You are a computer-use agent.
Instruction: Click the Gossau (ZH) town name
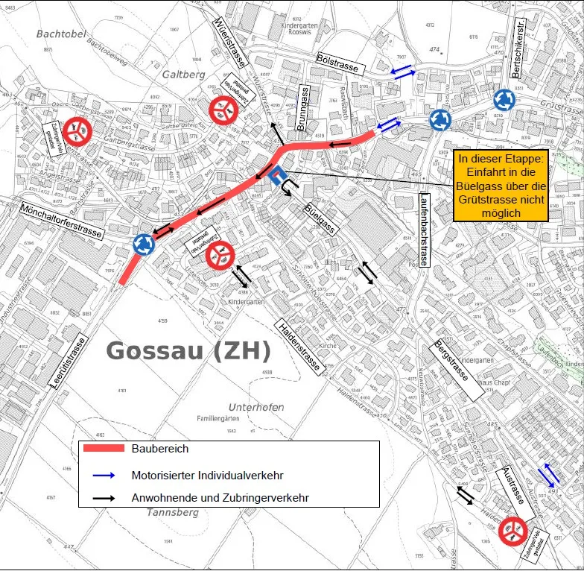[x=189, y=352]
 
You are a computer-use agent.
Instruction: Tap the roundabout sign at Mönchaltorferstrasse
[x=143, y=242]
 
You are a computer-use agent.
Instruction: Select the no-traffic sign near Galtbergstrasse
[x=77, y=132]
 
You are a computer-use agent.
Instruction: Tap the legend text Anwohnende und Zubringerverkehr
[x=220, y=497]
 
